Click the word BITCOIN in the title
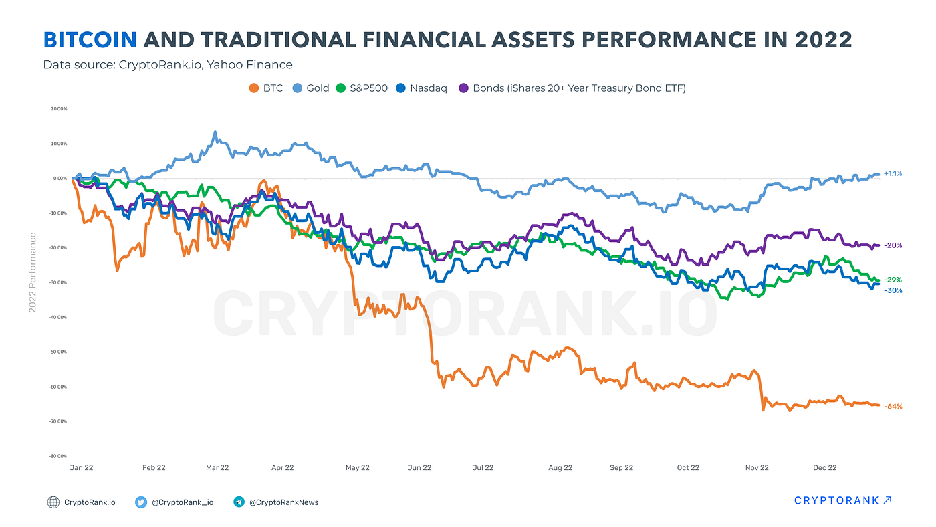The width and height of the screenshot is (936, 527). point(90,40)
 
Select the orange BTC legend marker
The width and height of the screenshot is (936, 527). point(253,88)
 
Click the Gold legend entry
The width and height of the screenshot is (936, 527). point(311,88)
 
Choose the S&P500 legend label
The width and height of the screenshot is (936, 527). point(368,88)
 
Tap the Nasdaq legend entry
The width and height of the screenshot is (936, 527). point(421,88)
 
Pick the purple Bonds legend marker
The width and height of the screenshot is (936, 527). point(463,88)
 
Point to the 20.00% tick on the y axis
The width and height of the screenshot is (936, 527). point(59,108)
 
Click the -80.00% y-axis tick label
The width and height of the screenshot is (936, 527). point(58,456)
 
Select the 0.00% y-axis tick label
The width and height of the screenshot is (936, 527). point(60,178)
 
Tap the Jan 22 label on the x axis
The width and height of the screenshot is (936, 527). point(82,467)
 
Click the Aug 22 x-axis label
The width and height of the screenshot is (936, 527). point(560,467)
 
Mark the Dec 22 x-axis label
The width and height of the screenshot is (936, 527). point(825,467)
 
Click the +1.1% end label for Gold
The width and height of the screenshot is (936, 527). point(893,173)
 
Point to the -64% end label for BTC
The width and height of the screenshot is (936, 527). point(893,406)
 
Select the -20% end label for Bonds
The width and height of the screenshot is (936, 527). point(893,245)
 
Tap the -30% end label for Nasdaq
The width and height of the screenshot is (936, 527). point(893,290)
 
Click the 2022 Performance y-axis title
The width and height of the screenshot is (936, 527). point(33,272)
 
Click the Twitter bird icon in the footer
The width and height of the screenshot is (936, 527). point(141,502)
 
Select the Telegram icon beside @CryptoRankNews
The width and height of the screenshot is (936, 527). point(239,502)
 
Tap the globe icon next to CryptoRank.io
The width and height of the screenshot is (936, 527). point(53,502)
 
